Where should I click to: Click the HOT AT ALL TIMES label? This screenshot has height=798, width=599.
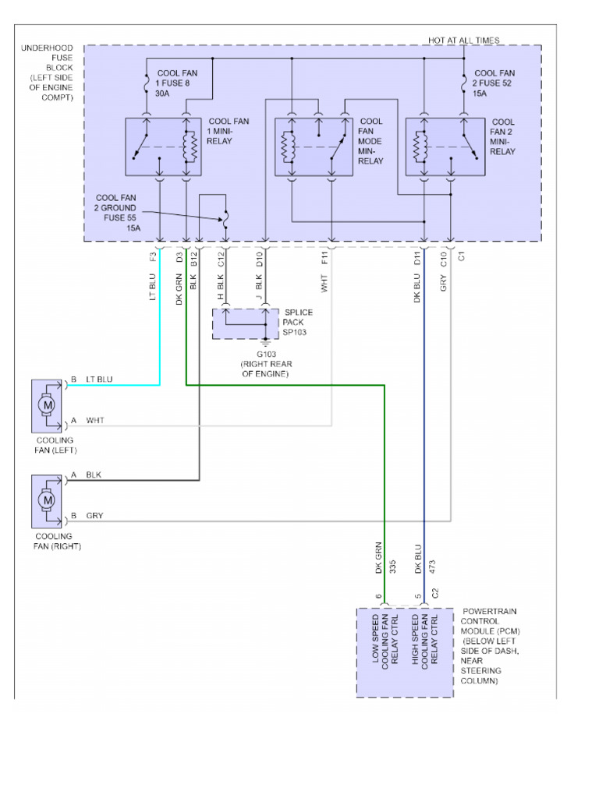[x=463, y=40]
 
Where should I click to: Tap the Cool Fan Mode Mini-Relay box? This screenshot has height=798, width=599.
[x=313, y=147]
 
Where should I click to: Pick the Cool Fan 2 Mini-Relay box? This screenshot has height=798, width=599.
[x=443, y=147]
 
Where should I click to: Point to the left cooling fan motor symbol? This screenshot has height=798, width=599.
[x=48, y=405]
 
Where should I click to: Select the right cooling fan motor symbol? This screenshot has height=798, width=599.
[x=48, y=500]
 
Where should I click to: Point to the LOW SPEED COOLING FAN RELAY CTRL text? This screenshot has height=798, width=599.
[x=385, y=641]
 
